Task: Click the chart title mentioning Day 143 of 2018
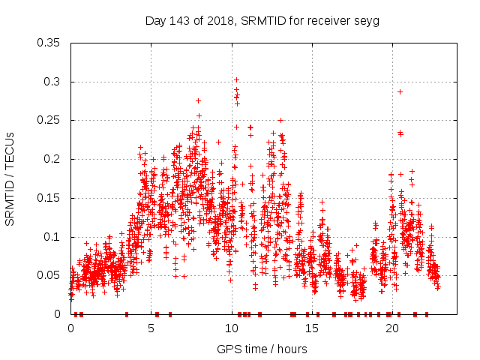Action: [x=262, y=21]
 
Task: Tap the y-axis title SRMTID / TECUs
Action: [x=10, y=178]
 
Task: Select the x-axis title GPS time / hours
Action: [x=262, y=349]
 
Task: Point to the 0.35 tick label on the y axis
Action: [x=49, y=43]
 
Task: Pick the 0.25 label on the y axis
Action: [x=49, y=120]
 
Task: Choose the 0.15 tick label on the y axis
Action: [x=49, y=198]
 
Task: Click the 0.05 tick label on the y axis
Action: [x=49, y=275]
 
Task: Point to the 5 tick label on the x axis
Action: [x=151, y=328]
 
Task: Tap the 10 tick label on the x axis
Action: [x=232, y=328]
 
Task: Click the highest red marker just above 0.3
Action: [x=236, y=79]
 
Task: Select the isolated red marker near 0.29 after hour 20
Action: [x=400, y=91]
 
